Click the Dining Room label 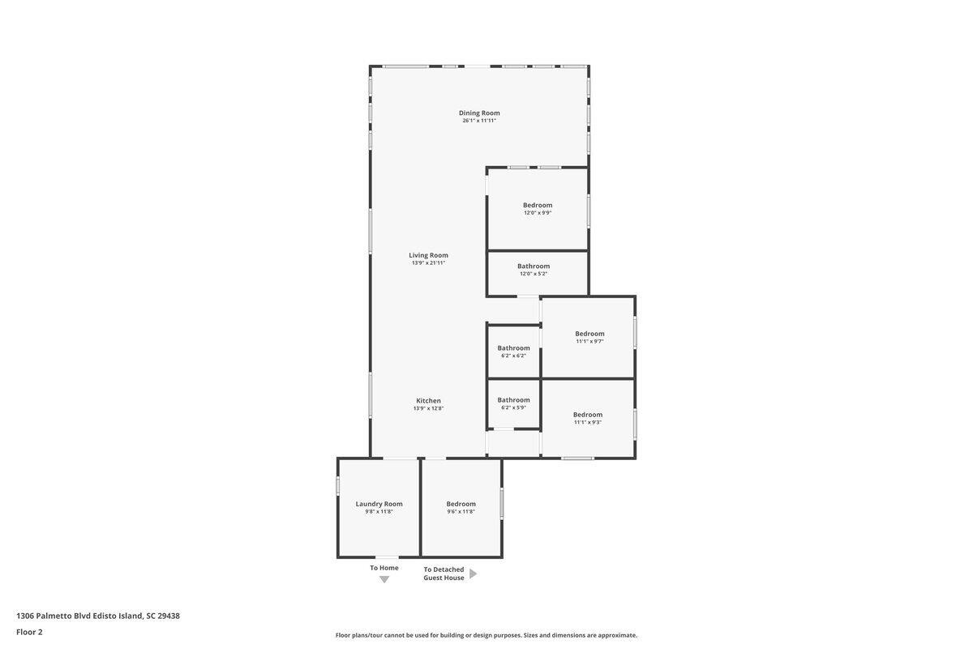tap(479, 113)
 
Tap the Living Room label tap(428, 255)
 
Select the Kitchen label tap(428, 400)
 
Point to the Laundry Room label tap(379, 504)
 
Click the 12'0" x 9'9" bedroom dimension tap(538, 213)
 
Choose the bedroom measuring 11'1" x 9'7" tap(589, 337)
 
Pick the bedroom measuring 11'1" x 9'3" tap(588, 418)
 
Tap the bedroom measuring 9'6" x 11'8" tap(461, 507)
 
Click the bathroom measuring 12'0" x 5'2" tap(534, 270)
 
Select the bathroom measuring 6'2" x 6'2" tap(513, 352)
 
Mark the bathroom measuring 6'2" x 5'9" tap(513, 403)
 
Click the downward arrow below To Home tap(384, 579)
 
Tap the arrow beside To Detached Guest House tap(474, 573)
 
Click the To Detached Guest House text tap(444, 573)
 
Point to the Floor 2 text tap(29, 632)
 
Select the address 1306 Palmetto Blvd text tap(98, 616)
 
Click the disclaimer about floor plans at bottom tap(486, 635)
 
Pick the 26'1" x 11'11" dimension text tap(479, 121)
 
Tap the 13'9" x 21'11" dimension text tap(428, 263)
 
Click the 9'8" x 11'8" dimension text tap(379, 512)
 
